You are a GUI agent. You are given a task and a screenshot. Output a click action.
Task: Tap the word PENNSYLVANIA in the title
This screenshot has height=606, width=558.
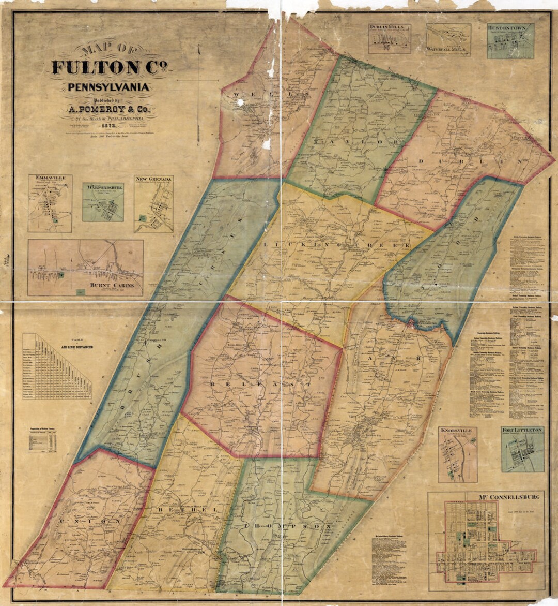pyautogui.click(x=109, y=87)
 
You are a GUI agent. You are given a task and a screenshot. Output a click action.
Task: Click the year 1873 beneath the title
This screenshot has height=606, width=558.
pyautogui.click(x=109, y=126)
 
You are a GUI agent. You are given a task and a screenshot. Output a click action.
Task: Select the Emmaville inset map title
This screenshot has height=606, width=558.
pyautogui.click(x=50, y=178)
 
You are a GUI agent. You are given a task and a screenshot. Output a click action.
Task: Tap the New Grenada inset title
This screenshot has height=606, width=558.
pyautogui.click(x=153, y=179)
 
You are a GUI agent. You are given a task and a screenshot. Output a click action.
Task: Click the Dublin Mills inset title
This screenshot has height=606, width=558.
pyautogui.click(x=390, y=27)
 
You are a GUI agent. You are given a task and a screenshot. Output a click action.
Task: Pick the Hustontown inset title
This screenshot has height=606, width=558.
pyautogui.click(x=510, y=27)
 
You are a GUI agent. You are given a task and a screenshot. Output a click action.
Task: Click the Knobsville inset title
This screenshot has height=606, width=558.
pyautogui.click(x=457, y=430)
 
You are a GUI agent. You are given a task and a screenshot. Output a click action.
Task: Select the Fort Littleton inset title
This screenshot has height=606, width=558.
pyautogui.click(x=522, y=430)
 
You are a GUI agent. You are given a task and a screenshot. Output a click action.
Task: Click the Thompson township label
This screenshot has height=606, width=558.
pyautogui.click(x=287, y=526)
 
